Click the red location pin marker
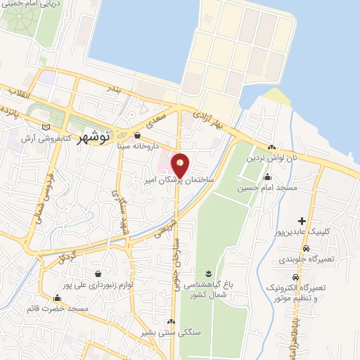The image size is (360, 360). click(181, 164)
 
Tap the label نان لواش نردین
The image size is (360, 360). click(271, 157)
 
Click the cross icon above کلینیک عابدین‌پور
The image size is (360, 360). click(302, 222)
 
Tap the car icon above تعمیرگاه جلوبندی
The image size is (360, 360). click(306, 248)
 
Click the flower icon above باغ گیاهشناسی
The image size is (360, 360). click(207, 273)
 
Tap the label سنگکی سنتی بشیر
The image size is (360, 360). click(169, 333)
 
